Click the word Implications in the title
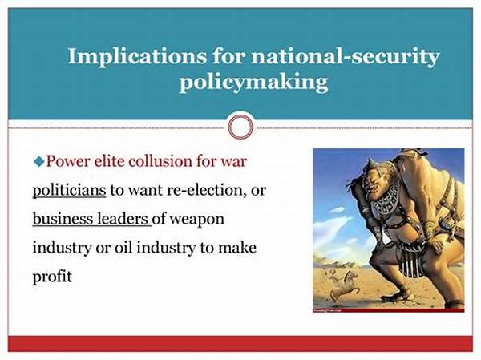pos(137,57)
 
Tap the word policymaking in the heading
pos(253,83)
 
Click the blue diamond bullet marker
pos(38,161)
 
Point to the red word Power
pos(67,161)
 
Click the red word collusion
pos(160,161)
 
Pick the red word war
pos(234,161)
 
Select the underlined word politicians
pos(69,190)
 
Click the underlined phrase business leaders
pos(91,219)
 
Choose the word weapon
pos(196,220)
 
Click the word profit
pos(52,277)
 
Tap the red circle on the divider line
pos(240,127)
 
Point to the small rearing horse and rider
pos(342,285)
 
